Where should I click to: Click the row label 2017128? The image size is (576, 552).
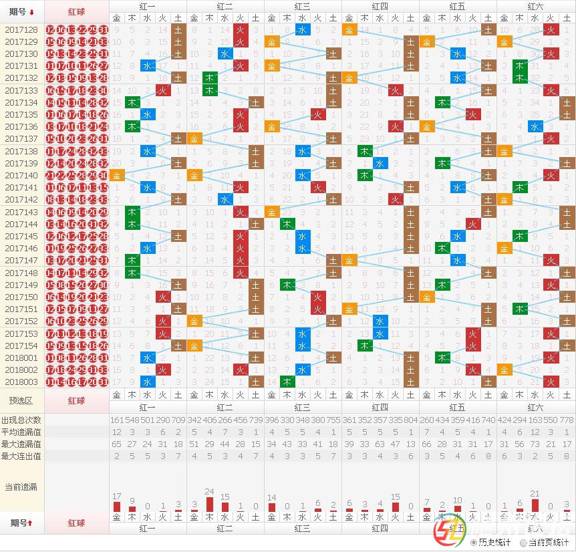click(21, 29)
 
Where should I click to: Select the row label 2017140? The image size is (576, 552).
click(21, 175)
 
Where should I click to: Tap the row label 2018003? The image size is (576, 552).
click(21, 382)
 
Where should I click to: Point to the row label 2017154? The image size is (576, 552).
click(21, 346)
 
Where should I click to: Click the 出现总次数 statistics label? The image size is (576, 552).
click(21, 420)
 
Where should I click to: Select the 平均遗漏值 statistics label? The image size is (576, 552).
click(21, 432)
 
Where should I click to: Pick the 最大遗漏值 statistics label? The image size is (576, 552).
click(21, 444)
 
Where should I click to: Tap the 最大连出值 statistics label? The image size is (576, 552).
click(21, 456)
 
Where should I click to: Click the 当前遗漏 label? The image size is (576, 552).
click(21, 487)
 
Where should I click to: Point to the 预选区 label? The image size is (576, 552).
click(21, 400)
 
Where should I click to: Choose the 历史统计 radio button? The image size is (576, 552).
click(474, 543)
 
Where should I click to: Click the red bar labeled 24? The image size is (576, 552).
click(209, 504)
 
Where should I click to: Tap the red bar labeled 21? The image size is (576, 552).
click(534, 505)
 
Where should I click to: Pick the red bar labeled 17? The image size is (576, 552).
click(117, 507)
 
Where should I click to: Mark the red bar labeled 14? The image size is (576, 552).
click(271, 507)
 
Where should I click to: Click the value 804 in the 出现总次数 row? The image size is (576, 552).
click(411, 420)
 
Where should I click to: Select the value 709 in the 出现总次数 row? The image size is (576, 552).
click(178, 420)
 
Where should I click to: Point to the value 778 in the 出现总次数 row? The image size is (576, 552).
click(566, 420)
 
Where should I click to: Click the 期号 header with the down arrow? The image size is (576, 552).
click(21, 11)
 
